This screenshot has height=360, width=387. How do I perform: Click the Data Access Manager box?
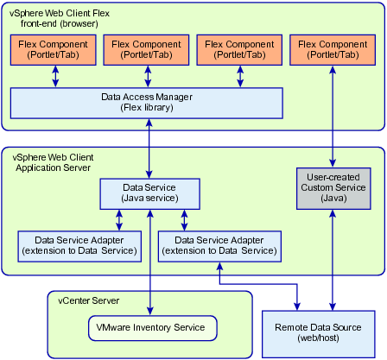tap(147, 103)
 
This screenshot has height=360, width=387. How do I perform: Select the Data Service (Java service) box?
tap(149, 193)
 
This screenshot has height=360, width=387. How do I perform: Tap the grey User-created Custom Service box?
tap(333, 188)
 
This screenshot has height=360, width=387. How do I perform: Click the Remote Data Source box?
tap(319, 334)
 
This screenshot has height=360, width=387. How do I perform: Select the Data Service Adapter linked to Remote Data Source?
tap(219, 246)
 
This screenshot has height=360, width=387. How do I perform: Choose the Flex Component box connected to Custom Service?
tap(333, 50)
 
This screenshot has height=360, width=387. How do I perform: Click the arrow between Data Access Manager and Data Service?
tap(149, 148)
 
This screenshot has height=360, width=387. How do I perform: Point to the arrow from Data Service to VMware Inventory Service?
tap(150, 262)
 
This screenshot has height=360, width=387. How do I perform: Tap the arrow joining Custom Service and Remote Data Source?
tap(333, 260)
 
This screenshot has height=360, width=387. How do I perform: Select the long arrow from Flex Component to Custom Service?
tap(333, 117)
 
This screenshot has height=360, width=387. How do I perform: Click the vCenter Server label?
tap(88, 300)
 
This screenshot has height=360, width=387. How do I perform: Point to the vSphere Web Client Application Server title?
tap(53, 162)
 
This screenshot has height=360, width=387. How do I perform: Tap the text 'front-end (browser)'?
tap(60, 23)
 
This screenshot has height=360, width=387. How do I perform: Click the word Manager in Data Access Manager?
tap(174, 97)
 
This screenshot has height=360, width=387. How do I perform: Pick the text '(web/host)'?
tap(318, 338)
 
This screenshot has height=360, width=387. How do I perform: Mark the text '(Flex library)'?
tap(147, 108)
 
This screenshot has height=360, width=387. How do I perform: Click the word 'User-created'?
tap(333, 177)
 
